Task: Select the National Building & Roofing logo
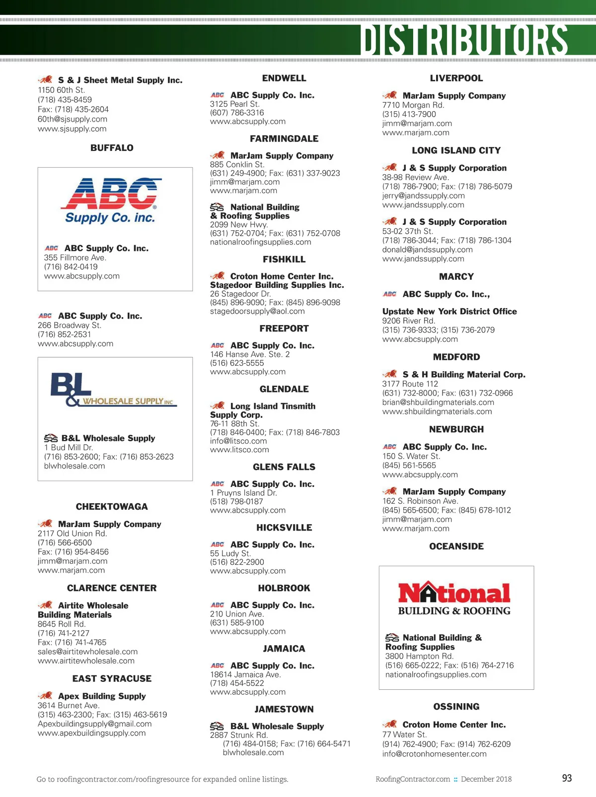[454, 598]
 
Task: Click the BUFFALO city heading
[112, 148]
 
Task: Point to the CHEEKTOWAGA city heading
[112, 507]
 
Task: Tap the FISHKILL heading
[284, 260]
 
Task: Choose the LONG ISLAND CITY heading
[456, 150]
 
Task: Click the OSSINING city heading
[456, 707]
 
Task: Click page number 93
[567, 778]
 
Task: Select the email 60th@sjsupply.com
[73, 119]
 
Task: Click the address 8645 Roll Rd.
[62, 624]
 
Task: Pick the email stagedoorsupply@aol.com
[257, 311]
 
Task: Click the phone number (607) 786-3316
[237, 113]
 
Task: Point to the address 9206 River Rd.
[409, 321]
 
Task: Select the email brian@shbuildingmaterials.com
[438, 402]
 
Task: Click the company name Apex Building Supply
[102, 696]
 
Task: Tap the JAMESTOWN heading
[284, 709]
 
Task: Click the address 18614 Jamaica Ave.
[245, 674]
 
